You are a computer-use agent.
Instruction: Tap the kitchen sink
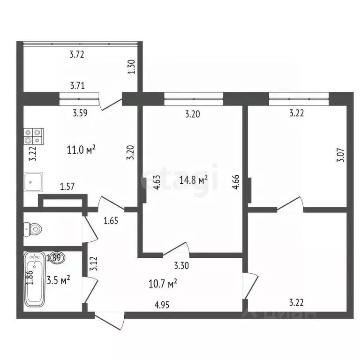point(33,182)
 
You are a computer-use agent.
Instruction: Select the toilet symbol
point(33,230)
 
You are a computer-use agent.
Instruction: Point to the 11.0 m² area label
point(82,150)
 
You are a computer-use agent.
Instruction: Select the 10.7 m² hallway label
point(162,283)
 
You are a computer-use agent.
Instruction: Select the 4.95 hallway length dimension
point(162,305)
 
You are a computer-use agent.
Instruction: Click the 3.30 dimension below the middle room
point(182,266)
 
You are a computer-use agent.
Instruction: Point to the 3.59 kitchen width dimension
point(80,112)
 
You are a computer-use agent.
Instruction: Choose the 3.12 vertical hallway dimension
point(93,265)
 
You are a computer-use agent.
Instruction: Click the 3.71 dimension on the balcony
point(77,85)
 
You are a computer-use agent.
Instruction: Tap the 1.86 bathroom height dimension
point(30,278)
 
